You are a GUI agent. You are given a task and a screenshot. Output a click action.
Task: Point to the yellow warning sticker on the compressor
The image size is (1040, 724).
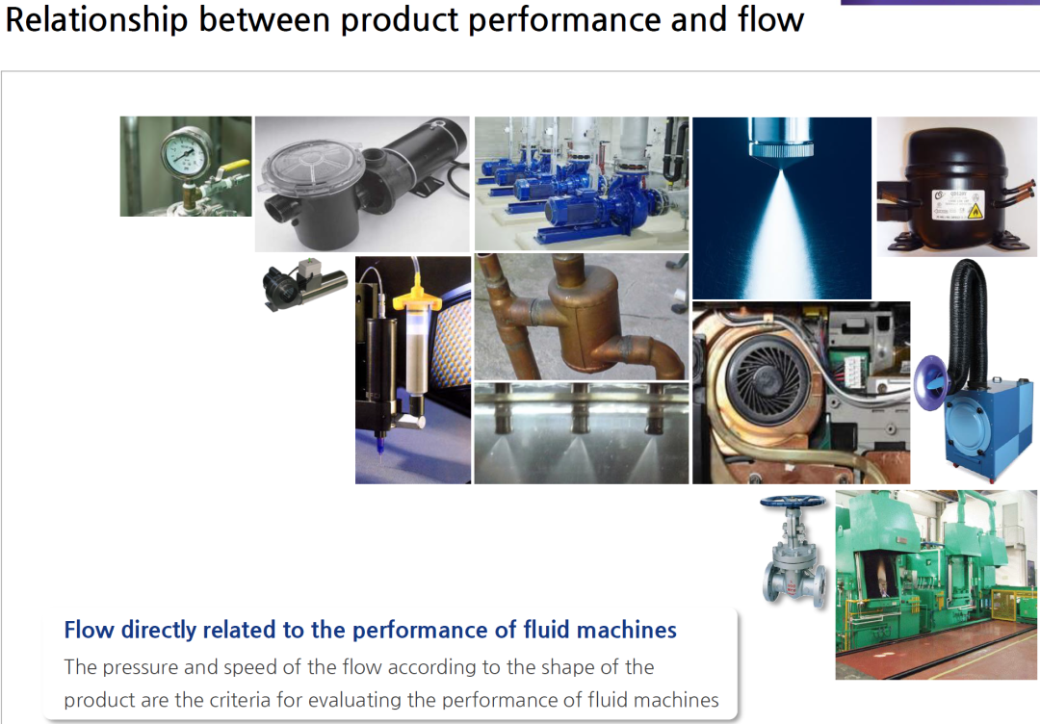point(975,211)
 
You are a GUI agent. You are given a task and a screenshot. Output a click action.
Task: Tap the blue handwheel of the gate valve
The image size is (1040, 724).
point(793,502)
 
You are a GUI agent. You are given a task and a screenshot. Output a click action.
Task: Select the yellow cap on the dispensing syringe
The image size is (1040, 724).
point(417,299)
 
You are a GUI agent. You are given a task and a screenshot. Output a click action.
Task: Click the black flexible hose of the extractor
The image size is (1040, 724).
point(968,319)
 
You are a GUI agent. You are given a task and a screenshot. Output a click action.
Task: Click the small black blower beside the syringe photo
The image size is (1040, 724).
point(303,283)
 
